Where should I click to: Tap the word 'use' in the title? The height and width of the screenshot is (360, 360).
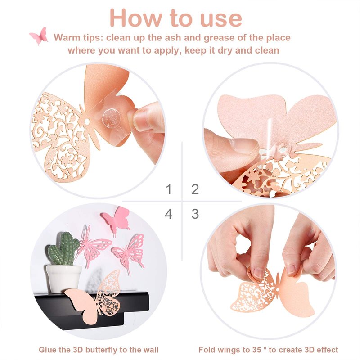pyautogui.click(x=221, y=19)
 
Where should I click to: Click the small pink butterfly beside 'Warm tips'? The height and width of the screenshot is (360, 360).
pyautogui.click(x=39, y=36)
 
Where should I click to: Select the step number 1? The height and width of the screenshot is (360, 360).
pyautogui.click(x=169, y=189)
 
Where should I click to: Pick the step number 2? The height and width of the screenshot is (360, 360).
pyautogui.click(x=195, y=189)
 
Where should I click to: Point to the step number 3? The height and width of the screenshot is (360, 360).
pyautogui.click(x=195, y=214)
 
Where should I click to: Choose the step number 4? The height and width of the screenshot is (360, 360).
pyautogui.click(x=168, y=214)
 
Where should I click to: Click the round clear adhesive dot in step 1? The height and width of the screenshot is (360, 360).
pyautogui.click(x=111, y=119)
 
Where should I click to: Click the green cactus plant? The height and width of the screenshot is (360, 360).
pyautogui.click(x=63, y=249)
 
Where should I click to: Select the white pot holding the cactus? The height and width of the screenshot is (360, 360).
pyautogui.click(x=63, y=279)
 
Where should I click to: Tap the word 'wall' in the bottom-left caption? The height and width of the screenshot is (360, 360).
pyautogui.click(x=151, y=350)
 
